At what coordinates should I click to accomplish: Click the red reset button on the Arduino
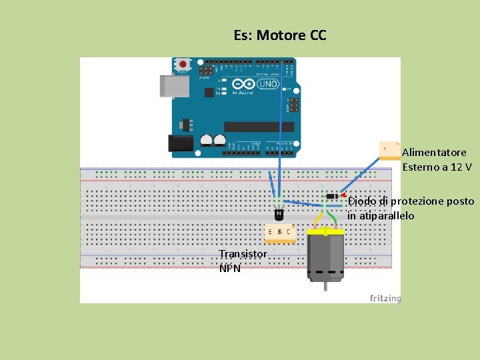(x=183, y=65)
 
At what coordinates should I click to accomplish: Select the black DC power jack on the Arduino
(x=179, y=142)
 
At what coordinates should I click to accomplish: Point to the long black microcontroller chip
(x=259, y=127)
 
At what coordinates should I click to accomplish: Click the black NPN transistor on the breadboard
(x=279, y=214)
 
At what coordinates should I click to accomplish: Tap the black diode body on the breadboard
(x=332, y=195)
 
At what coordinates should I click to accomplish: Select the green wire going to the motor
(x=331, y=218)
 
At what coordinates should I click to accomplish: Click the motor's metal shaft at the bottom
(x=325, y=285)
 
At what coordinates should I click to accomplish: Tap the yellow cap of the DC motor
(x=325, y=231)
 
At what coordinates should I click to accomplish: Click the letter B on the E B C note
(x=279, y=231)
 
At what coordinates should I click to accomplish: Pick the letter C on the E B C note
(x=289, y=231)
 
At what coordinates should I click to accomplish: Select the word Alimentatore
(x=434, y=153)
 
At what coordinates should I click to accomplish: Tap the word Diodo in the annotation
(x=361, y=201)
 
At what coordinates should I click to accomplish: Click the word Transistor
(x=243, y=254)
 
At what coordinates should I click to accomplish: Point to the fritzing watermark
(x=385, y=298)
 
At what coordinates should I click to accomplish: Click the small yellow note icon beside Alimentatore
(x=389, y=151)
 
